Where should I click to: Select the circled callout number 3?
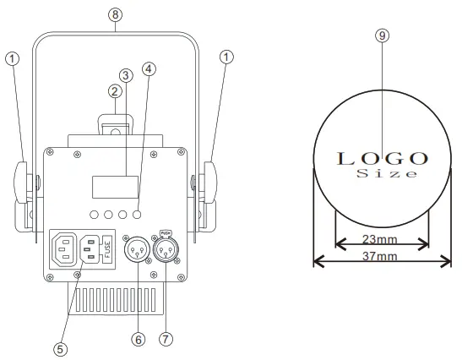125,75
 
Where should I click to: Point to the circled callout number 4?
149,70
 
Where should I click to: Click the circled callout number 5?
60,347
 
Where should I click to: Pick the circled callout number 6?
139,338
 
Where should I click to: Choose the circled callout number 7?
166,338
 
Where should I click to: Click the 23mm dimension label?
383,239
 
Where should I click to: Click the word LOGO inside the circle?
383,157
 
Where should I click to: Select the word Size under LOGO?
386,173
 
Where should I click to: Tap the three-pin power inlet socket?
65,249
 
